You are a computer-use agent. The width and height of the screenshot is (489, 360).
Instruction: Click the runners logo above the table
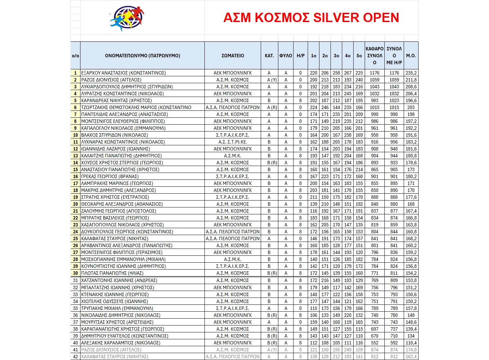127,18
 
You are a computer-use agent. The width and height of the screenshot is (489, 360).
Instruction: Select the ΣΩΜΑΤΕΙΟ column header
233,56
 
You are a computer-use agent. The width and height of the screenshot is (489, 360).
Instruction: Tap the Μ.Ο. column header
411,56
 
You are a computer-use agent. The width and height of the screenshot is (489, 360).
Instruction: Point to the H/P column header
300,56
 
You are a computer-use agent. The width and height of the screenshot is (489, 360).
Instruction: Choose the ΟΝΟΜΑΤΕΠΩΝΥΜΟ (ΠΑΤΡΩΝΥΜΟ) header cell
142,56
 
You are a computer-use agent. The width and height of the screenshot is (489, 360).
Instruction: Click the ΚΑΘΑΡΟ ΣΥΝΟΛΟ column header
375,56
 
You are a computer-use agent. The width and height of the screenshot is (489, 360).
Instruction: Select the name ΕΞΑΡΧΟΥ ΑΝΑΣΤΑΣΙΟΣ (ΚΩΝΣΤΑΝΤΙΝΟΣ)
123,73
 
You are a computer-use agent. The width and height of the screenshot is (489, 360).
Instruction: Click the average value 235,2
411,73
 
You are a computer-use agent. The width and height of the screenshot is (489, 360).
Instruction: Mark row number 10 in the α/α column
76,135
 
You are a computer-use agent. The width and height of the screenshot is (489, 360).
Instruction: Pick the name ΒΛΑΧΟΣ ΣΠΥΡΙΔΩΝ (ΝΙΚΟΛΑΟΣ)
114,135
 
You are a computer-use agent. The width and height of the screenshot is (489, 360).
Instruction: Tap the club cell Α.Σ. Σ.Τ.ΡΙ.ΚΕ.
233,142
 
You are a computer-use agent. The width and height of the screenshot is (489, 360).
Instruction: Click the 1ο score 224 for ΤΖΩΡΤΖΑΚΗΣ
314,107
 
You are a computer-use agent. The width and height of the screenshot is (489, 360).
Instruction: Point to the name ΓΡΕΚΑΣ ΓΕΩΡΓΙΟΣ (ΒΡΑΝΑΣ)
109,176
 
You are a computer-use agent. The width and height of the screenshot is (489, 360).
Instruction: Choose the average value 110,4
411,343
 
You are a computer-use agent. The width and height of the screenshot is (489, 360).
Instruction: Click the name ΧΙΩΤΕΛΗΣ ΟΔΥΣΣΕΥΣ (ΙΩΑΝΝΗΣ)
115,301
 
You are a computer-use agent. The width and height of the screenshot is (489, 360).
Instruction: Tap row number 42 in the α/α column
76,357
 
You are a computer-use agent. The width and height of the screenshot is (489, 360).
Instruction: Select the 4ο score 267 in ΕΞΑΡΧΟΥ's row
348,73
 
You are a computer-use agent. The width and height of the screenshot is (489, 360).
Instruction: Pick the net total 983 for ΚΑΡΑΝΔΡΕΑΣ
375,100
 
